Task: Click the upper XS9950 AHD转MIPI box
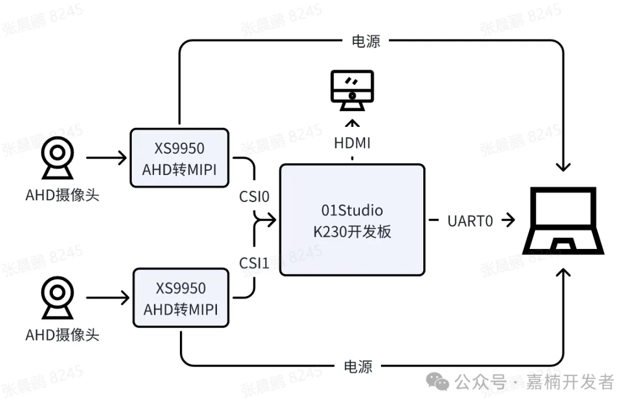tap(179, 158)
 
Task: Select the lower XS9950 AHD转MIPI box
tap(181, 298)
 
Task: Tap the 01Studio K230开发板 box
tap(352, 220)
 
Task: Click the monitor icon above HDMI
tap(352, 90)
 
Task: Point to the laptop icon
tap(564, 221)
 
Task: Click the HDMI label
tap(352, 142)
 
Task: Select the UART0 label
tap(470, 221)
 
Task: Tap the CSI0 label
tap(254, 196)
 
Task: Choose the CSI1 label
tap(254, 263)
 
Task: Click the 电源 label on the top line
tap(366, 41)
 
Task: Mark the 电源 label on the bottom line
tap(358, 366)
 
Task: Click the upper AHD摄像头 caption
tap(62, 195)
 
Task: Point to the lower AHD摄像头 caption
tap(62, 335)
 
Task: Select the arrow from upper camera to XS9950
tap(107, 158)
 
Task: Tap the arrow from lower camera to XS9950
tap(108, 298)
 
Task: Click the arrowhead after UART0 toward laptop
tap(509, 221)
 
